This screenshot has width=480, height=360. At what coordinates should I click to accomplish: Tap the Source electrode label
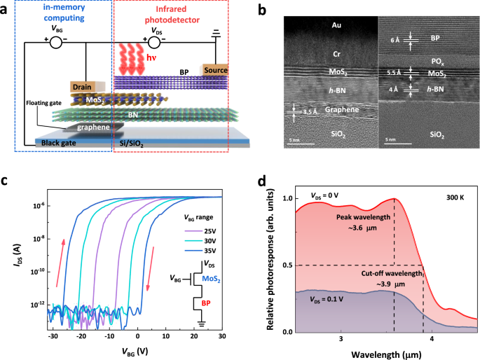(x=215, y=70)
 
